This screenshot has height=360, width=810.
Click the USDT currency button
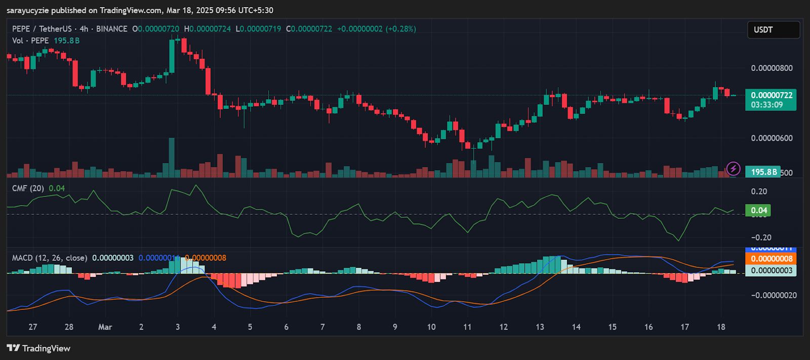773,30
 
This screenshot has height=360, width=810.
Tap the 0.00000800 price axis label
772,68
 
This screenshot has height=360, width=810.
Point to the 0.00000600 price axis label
772,138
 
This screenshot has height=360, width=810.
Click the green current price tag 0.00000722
771,96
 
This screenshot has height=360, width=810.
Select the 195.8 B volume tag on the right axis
763,172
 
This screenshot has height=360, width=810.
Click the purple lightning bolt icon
733,169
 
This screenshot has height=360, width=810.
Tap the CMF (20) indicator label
28,188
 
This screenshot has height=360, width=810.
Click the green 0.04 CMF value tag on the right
758,210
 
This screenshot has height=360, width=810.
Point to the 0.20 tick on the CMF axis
759,191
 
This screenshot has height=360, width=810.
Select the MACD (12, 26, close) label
50,258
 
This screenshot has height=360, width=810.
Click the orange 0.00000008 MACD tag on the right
771,259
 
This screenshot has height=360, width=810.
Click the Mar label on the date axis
105,327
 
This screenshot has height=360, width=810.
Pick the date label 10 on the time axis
431,327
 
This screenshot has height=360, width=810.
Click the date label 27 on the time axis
33,327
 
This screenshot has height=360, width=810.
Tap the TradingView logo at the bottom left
38,348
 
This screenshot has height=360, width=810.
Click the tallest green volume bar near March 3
172,157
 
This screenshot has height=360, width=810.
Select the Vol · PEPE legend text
30,41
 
